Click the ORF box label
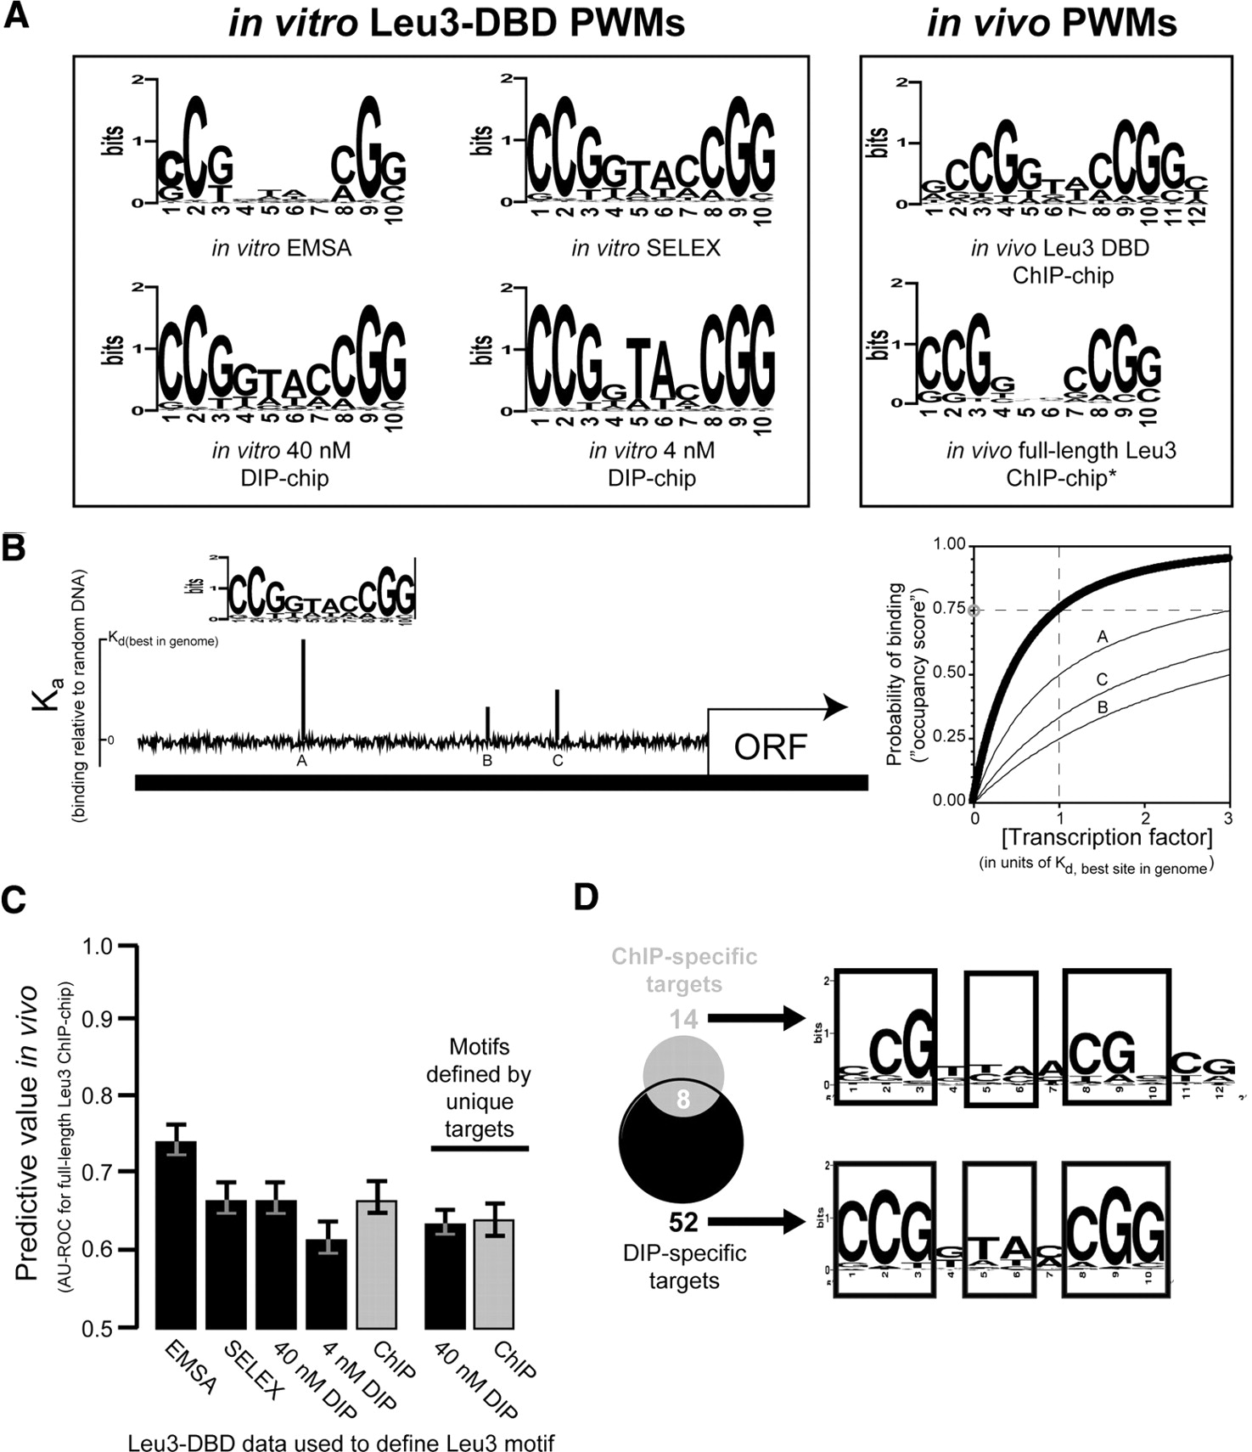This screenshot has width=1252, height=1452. pos(771,746)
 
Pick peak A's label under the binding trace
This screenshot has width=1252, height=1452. pos(301,761)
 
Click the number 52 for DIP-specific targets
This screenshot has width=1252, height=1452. pos(683,1222)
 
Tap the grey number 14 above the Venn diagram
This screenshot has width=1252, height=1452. pos(683,1018)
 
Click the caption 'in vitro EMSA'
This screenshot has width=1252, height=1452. pos(281,248)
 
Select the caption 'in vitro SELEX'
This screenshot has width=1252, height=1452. pos(646,248)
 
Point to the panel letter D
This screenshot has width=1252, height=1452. pos(587,898)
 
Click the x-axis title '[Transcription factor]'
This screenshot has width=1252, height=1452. pos(1107,837)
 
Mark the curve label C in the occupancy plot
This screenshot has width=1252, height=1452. pos(1102,679)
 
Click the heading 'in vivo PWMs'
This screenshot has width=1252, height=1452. pos(1052,23)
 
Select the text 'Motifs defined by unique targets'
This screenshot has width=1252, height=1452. pos(480,1088)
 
